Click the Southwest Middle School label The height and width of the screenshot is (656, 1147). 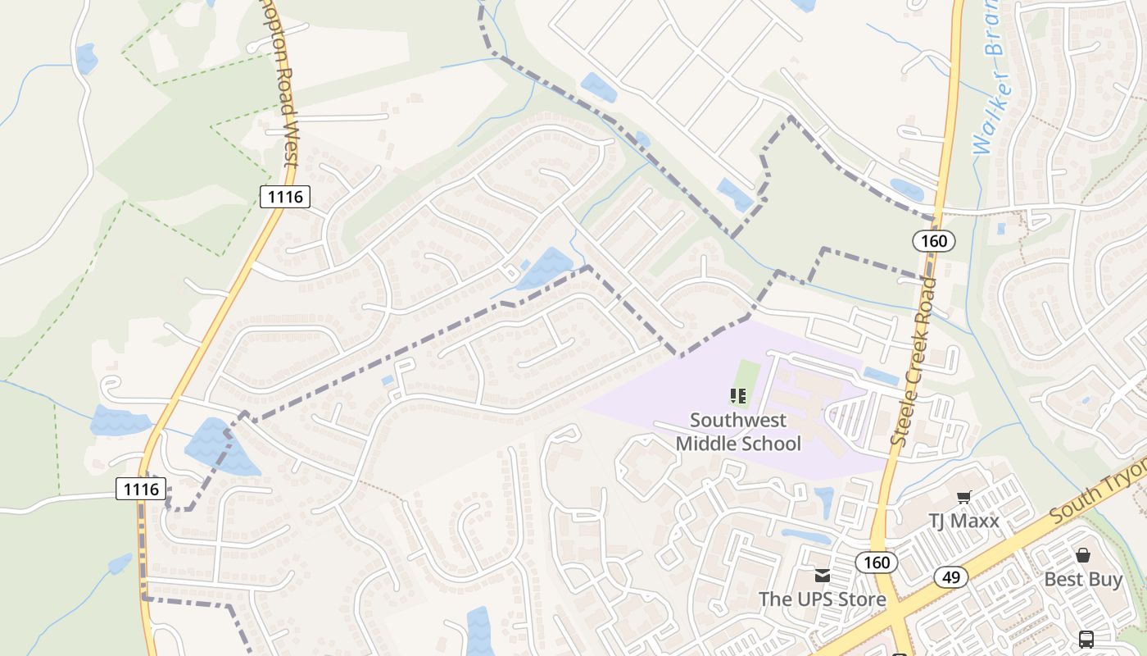[x=737, y=432]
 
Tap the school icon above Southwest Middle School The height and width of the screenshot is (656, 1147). [x=737, y=397]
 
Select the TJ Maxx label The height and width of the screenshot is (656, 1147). [x=963, y=521]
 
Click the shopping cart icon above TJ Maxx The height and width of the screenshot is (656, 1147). [x=963, y=497]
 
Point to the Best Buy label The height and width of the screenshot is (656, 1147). [x=1082, y=579]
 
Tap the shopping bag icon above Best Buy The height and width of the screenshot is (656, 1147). [x=1083, y=555]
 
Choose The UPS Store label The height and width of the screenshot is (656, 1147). [x=822, y=599]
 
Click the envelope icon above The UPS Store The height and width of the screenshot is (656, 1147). [x=822, y=576]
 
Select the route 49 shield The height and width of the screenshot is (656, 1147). [x=950, y=577]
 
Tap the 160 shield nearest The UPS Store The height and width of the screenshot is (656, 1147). [x=876, y=563]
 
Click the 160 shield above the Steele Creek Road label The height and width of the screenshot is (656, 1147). [x=933, y=241]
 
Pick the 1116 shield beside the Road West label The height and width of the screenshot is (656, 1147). [x=285, y=197]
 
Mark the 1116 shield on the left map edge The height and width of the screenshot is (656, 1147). [x=141, y=490]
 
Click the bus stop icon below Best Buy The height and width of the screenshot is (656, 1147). [x=1086, y=639]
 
